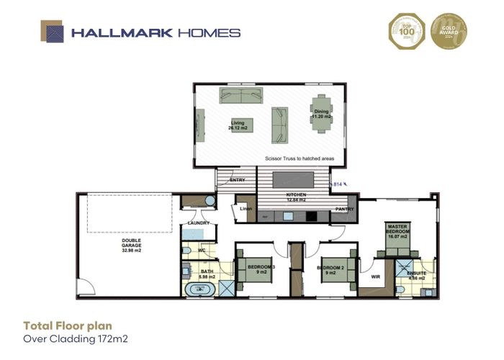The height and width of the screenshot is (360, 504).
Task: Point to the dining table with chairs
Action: [x=320, y=114]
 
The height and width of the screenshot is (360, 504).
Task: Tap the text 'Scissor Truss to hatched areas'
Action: [x=296, y=157]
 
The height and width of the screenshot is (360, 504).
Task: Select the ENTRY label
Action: [x=237, y=181]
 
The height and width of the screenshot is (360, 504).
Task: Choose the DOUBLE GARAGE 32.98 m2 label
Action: [x=132, y=246]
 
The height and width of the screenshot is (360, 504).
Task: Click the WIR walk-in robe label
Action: [x=374, y=275]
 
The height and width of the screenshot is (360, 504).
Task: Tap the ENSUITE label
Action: [x=416, y=274]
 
